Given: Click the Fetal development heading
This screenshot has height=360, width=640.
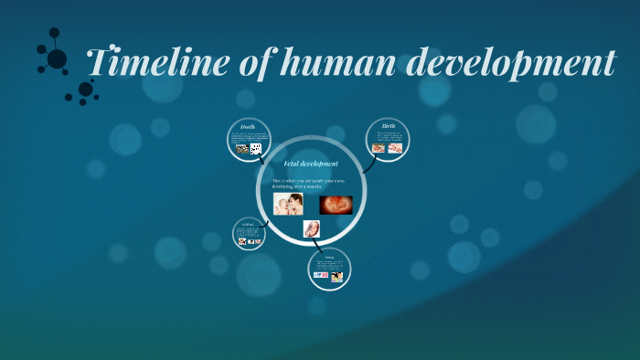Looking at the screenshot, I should (311, 164).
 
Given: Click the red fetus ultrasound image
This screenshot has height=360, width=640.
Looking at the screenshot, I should (336, 204).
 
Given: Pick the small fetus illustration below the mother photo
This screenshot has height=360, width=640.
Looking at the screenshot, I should (311, 228).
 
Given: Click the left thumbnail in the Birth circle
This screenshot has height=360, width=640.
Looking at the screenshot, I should (379, 147).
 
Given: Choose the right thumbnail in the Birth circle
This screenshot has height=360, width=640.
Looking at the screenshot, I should (395, 147).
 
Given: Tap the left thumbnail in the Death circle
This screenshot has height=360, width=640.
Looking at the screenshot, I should (242, 148).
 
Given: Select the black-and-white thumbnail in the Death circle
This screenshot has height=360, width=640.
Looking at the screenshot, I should (256, 148).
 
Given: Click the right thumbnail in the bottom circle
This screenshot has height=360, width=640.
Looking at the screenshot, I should (337, 276).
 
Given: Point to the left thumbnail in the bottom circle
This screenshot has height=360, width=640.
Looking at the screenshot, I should (321, 275).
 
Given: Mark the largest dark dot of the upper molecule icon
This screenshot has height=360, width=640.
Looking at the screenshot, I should (57, 58).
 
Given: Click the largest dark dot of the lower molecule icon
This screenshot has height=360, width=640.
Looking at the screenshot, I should (85, 90).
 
